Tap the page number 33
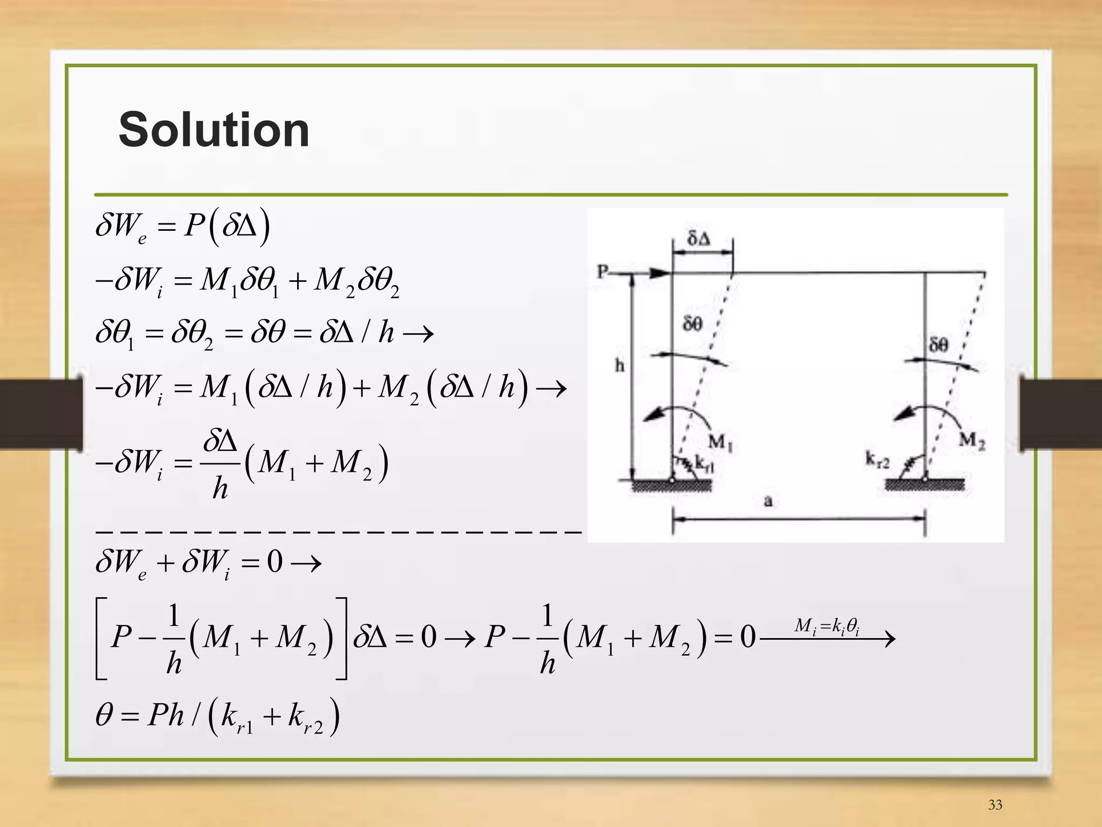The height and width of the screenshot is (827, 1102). (995, 804)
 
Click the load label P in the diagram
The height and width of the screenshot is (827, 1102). (603, 271)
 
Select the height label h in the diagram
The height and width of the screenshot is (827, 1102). (620, 366)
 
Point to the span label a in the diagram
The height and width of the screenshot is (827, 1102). (768, 501)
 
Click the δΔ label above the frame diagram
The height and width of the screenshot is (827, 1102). (699, 238)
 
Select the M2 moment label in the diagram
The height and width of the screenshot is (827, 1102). (972, 441)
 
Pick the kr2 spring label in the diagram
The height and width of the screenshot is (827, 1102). (877, 460)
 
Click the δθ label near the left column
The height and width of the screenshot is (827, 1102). (693, 323)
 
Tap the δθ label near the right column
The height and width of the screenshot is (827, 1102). (938, 344)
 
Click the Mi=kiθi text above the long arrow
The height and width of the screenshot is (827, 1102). (827, 626)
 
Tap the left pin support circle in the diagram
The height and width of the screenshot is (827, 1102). (672, 478)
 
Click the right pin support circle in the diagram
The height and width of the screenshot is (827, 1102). (925, 478)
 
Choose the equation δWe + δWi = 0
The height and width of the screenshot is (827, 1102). (208, 563)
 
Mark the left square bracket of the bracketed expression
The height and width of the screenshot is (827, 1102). (101, 638)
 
